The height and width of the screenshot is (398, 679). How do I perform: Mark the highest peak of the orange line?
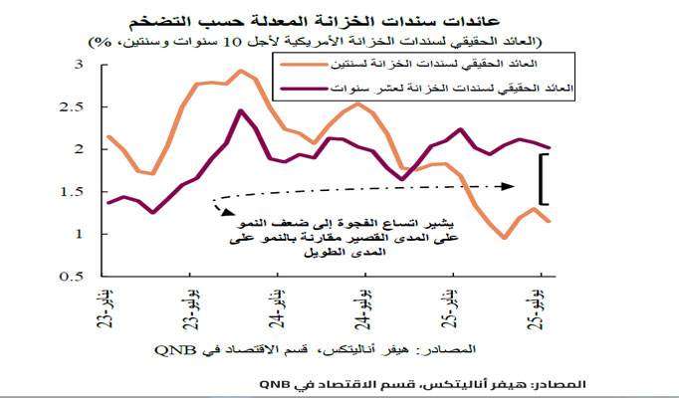[x=241, y=71]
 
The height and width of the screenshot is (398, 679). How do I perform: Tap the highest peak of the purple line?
[x=241, y=110]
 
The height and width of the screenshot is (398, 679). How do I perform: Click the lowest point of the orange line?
[x=505, y=238]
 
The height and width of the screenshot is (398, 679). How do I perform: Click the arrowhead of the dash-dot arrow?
[x=511, y=184]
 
